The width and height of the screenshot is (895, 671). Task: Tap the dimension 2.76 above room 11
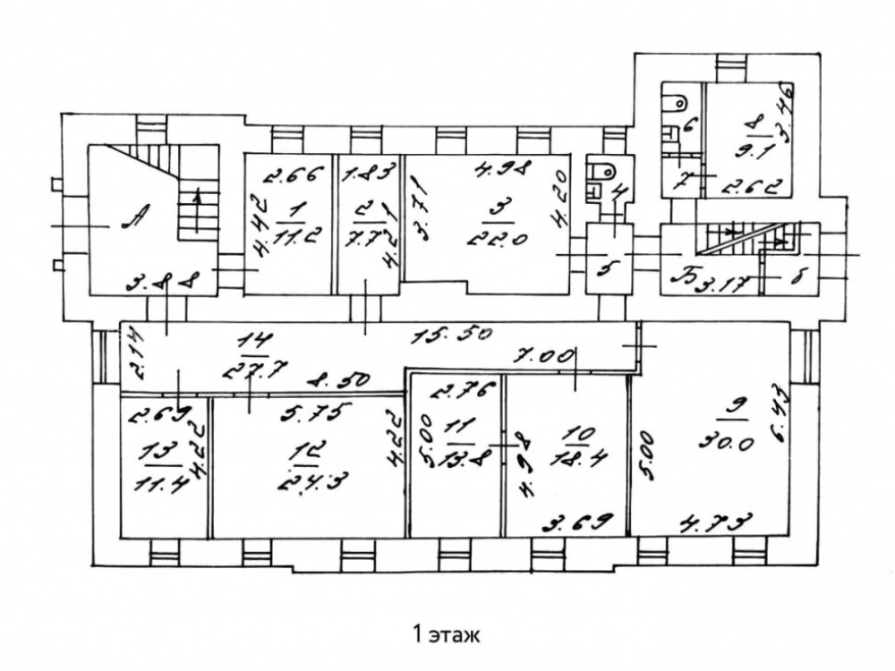coord(453,390)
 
